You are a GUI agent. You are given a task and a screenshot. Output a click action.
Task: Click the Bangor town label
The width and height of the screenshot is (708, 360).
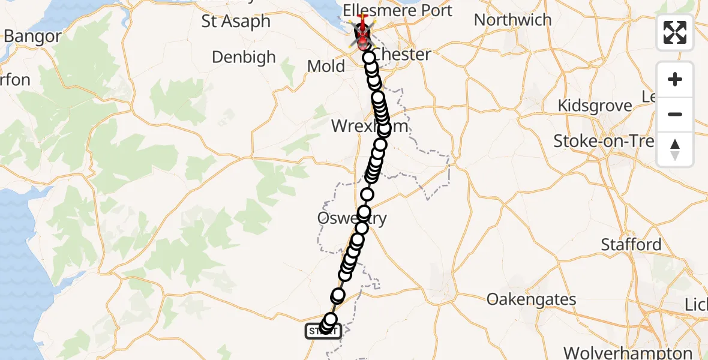click(x=32, y=37)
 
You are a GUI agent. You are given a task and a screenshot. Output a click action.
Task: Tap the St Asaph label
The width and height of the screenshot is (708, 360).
click(x=236, y=22)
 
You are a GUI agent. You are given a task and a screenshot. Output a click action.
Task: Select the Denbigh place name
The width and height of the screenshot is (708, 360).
click(x=244, y=58)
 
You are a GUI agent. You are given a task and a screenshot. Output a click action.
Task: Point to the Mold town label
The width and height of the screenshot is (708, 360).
click(x=326, y=66)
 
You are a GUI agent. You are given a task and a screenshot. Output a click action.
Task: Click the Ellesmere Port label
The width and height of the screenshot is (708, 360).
click(x=397, y=11)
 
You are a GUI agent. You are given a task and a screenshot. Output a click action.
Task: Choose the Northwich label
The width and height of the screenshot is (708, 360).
click(x=512, y=20)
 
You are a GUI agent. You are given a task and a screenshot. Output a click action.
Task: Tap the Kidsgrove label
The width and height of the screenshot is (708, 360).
click(x=595, y=106)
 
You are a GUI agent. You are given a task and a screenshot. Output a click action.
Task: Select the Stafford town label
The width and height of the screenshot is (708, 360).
click(x=632, y=245)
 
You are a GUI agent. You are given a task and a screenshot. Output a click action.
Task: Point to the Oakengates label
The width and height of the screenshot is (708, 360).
click(x=532, y=299)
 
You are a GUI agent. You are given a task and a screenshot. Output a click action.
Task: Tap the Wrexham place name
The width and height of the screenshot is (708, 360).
click(x=370, y=127)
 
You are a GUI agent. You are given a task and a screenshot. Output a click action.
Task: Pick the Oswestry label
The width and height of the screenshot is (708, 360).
click(x=352, y=218)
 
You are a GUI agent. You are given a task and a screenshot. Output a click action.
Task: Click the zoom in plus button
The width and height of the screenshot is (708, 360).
click(x=675, y=80)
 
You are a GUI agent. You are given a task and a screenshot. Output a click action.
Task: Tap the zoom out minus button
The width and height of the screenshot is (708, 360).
click(x=675, y=115)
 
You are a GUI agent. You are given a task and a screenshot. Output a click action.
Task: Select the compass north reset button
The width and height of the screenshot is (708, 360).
click(x=675, y=149)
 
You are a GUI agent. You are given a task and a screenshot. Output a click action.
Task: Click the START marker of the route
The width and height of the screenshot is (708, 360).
click(x=323, y=331)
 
